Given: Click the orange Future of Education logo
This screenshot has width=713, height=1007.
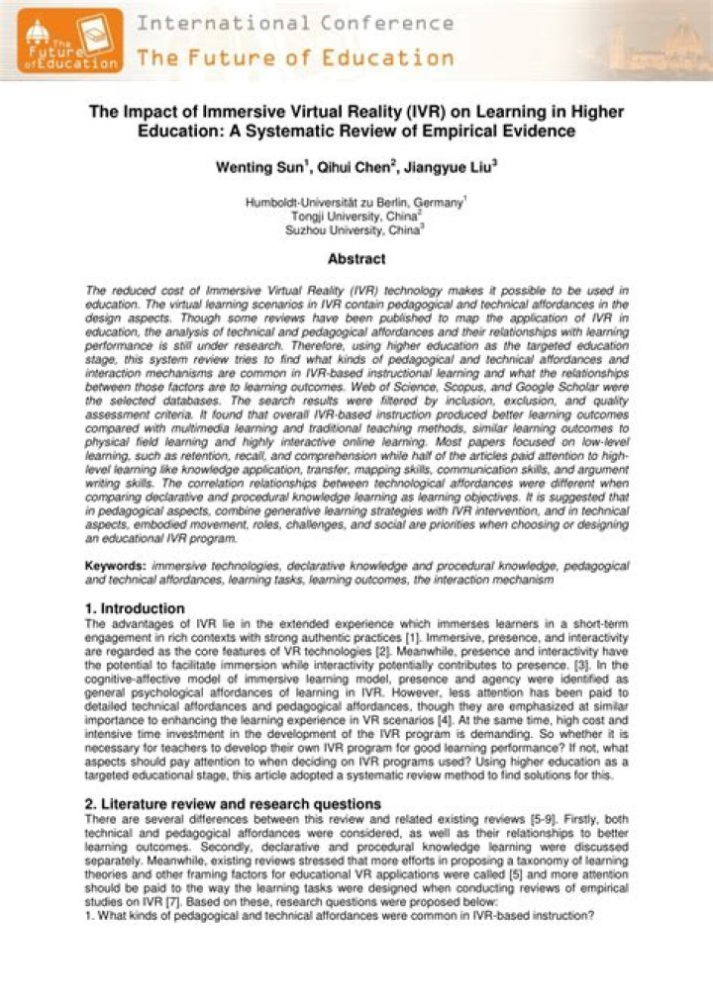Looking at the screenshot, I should pyautogui.click(x=69, y=40).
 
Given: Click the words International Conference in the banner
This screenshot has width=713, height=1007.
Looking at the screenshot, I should pyautogui.click(x=295, y=23).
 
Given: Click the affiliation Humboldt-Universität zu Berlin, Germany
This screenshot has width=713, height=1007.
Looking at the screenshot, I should pyautogui.click(x=355, y=203).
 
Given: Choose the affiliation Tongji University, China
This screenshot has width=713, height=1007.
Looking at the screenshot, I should pyautogui.click(x=356, y=216).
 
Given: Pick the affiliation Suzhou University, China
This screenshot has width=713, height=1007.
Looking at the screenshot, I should pyautogui.click(x=355, y=229).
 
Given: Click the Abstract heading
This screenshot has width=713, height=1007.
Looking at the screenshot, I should pyautogui.click(x=356, y=260).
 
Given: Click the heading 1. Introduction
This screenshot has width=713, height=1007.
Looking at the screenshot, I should pyautogui.click(x=135, y=608).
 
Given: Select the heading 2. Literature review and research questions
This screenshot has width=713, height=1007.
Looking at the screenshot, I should pyautogui.click(x=233, y=803).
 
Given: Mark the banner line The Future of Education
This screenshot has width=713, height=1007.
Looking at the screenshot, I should pyautogui.click(x=295, y=56).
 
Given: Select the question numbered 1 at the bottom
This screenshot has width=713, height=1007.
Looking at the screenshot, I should pyautogui.click(x=340, y=916).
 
